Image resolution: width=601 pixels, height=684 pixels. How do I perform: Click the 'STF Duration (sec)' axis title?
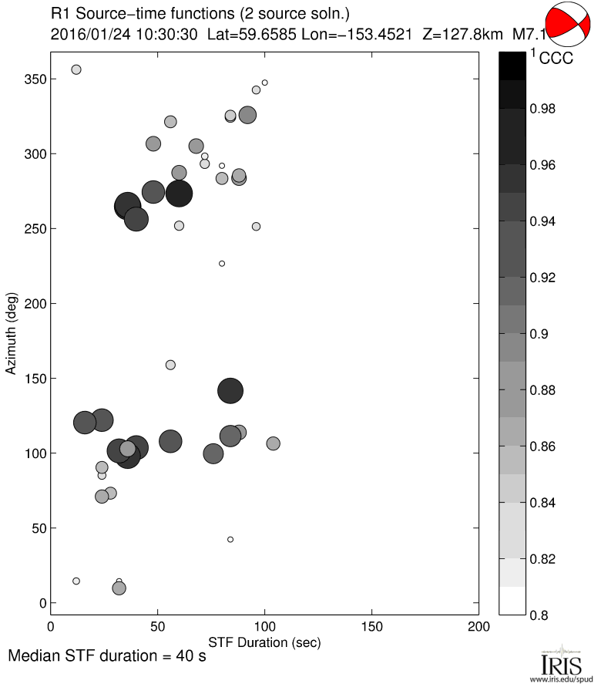pyautogui.click(x=264, y=642)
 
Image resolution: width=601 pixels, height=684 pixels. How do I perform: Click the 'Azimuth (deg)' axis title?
pyautogui.click(x=11, y=333)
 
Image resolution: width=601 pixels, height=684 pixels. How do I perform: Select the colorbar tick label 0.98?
pyautogui.click(x=543, y=110)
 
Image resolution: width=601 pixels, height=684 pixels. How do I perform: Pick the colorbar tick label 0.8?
pyautogui.click(x=539, y=615)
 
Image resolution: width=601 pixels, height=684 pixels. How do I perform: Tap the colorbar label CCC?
pyautogui.click(x=556, y=59)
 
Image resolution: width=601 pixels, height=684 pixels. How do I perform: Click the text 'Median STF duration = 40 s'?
pyautogui.click(x=106, y=658)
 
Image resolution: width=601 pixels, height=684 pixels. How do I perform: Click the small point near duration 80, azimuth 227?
pyautogui.click(x=222, y=264)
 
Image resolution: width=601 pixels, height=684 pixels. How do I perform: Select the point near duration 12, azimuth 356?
pyautogui.click(x=76, y=69)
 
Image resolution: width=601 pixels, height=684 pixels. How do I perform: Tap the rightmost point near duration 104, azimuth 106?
pyautogui.click(x=273, y=443)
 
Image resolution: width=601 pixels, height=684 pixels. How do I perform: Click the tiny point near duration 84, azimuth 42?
pyautogui.click(x=230, y=539)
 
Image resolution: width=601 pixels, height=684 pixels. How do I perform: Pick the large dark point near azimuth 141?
pyautogui.click(x=230, y=391)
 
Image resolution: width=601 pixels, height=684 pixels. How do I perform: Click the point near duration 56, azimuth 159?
pyautogui.click(x=170, y=365)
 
